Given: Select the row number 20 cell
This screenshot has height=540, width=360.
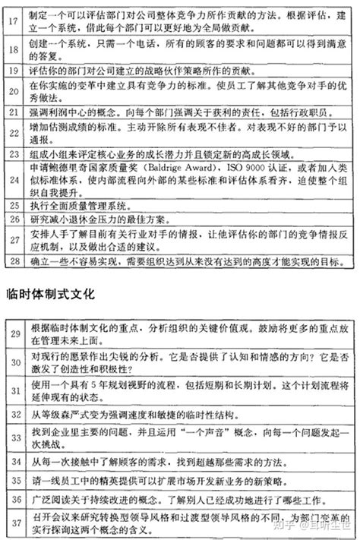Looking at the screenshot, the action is coord(13,94).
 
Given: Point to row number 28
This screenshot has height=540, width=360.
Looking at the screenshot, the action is coord(13,263).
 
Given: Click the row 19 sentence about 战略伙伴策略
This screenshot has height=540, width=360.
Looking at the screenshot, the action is coord(129,70).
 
